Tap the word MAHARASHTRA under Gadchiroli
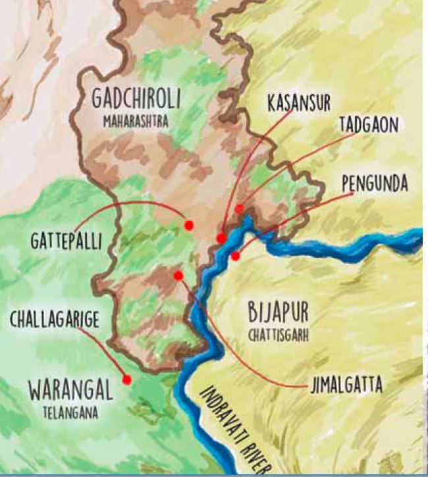click(136, 122)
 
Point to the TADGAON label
click(369, 125)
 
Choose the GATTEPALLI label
click(66, 241)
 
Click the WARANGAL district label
click(70, 390)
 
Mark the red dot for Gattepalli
click(189, 225)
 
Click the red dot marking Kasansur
click(221, 238)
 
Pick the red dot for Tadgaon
click(239, 209)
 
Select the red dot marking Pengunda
click(235, 256)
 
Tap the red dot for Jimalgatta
click(178, 276)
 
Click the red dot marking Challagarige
click(126, 380)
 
